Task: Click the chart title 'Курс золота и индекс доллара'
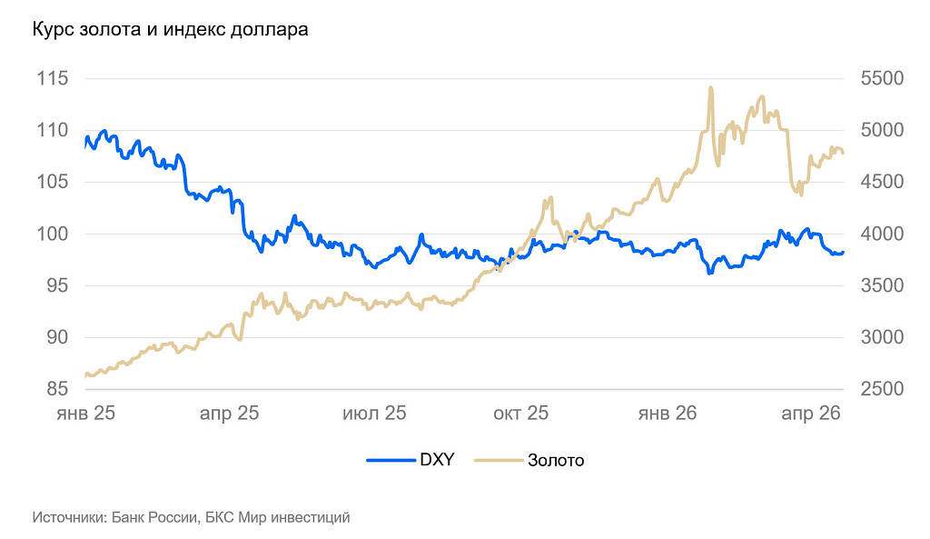click(x=170, y=30)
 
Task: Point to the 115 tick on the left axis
click(x=53, y=78)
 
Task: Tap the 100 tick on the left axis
click(x=53, y=234)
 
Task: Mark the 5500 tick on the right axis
click(x=881, y=78)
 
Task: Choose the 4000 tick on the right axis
click(x=881, y=234)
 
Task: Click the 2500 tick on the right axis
click(x=881, y=389)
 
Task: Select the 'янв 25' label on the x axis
click(x=85, y=414)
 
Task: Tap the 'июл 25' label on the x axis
click(x=374, y=414)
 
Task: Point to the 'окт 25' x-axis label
click(x=521, y=414)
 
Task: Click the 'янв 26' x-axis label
click(x=668, y=414)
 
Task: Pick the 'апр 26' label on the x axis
click(x=811, y=414)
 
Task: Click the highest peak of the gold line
click(x=710, y=88)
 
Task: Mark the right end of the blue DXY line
click(x=843, y=253)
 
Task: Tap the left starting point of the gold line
click(x=85, y=375)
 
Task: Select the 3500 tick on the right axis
click(x=881, y=285)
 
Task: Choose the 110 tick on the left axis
click(x=53, y=130)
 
